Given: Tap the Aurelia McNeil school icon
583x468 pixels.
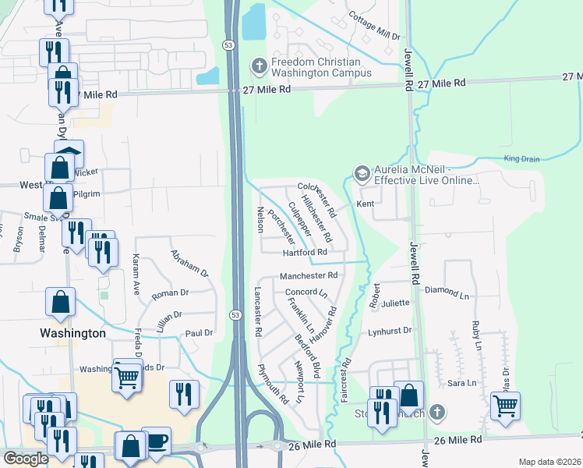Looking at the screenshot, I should pyautogui.click(x=362, y=173).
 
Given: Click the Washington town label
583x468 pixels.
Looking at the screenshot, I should pyautogui.click(x=72, y=333).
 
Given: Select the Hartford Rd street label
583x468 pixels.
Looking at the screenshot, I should pyautogui.click(x=304, y=252).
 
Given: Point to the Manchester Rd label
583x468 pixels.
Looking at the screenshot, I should pyautogui.click(x=308, y=275).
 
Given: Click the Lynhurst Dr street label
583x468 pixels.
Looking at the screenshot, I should pyautogui.click(x=390, y=331).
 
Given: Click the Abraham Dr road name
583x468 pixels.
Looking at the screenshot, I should pyautogui.click(x=190, y=264).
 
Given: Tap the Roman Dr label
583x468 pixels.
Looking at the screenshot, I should pyautogui.click(x=166, y=293).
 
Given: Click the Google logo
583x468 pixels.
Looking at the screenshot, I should pyautogui.click(x=26, y=459).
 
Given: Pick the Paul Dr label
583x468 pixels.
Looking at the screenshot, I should pyautogui.click(x=199, y=333).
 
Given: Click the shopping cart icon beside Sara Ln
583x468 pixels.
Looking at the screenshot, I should pyautogui.click(x=505, y=405).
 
